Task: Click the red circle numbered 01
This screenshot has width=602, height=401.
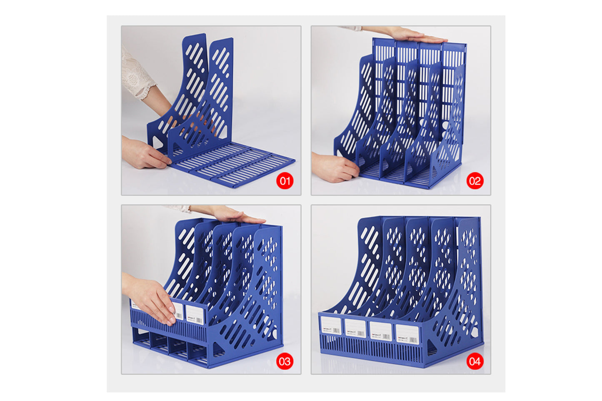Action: [285, 181]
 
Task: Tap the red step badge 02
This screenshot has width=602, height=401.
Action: [475, 181]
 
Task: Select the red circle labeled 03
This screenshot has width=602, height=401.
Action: [285, 361]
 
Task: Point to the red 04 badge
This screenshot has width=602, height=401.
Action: [475, 361]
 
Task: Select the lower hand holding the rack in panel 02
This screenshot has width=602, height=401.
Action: [333, 167]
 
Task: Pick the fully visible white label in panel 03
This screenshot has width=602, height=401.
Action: [195, 314]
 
